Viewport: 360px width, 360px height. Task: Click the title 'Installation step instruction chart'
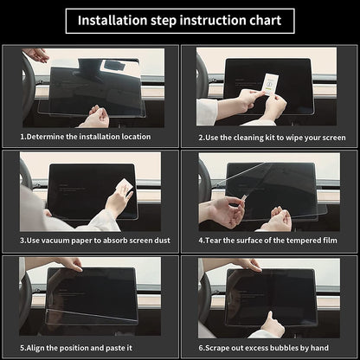pyautogui.click(x=179, y=21)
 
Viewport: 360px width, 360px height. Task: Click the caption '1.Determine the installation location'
pyautogui.click(x=86, y=137)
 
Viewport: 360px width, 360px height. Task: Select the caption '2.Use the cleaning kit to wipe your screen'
pyautogui.click(x=272, y=137)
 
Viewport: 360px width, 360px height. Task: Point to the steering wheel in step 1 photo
pyautogui.click(x=28, y=87)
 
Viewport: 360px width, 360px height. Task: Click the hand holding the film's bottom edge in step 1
pyautogui.click(x=96, y=117)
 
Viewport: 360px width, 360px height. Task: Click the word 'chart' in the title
pyautogui.click(x=264, y=21)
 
